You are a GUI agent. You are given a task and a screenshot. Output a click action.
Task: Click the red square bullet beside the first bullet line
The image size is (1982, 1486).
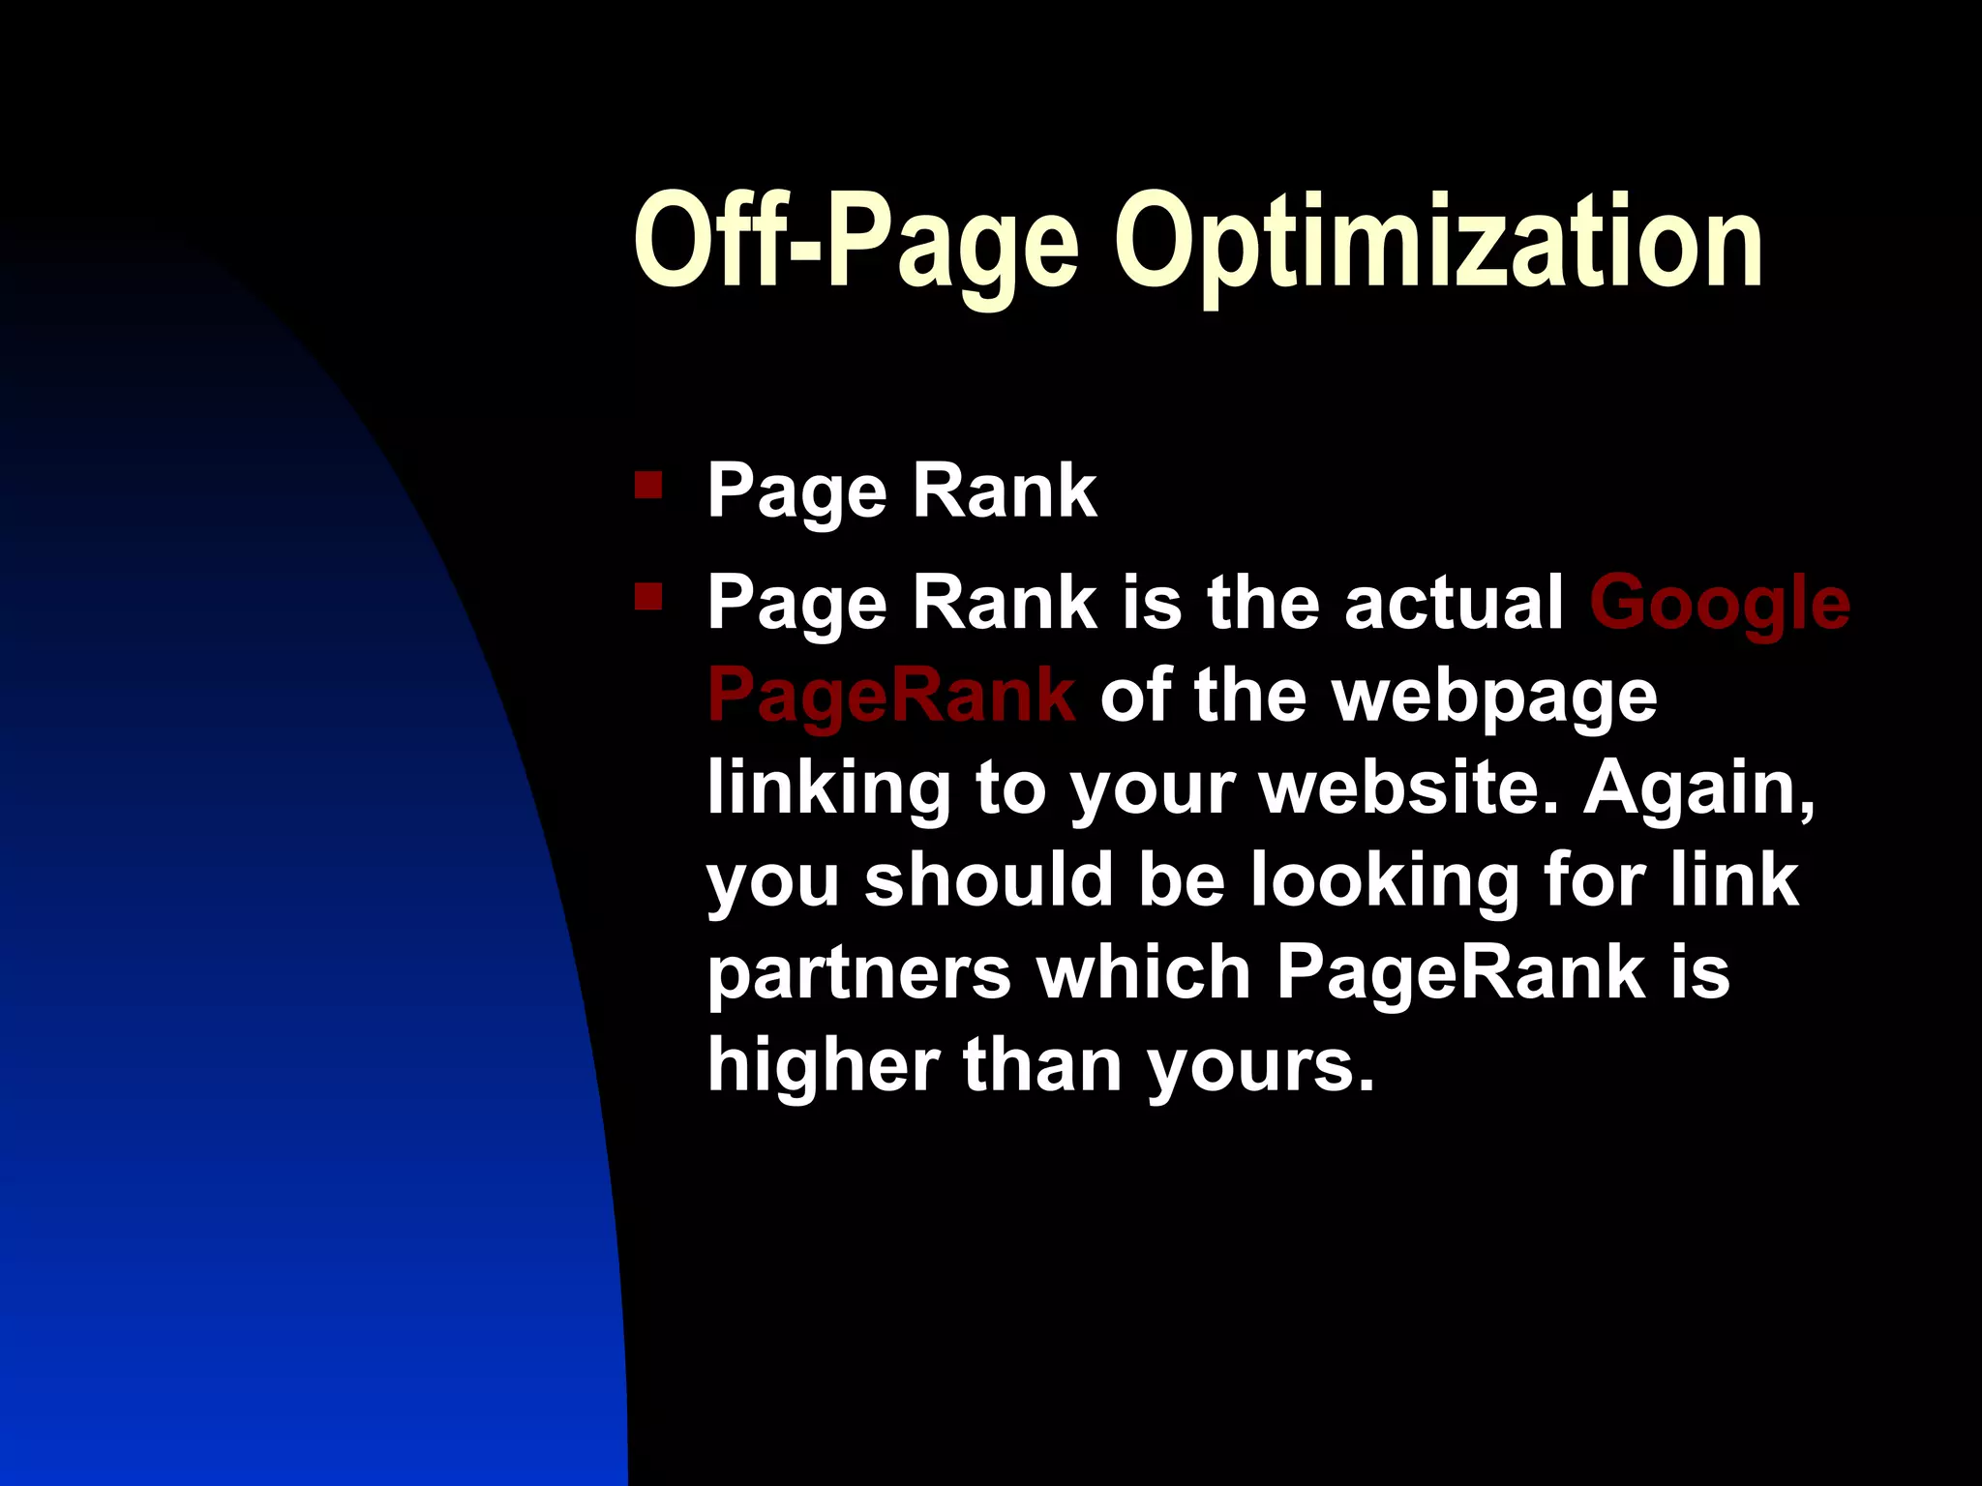[647, 484]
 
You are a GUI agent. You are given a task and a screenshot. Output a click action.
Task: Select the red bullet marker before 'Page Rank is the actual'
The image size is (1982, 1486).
[647, 597]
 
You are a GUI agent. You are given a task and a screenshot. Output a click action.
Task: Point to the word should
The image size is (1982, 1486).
[988, 880]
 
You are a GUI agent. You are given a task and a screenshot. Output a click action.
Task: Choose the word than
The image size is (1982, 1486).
[1042, 1064]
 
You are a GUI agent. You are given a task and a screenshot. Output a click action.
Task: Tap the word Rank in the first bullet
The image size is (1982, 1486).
[1005, 491]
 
